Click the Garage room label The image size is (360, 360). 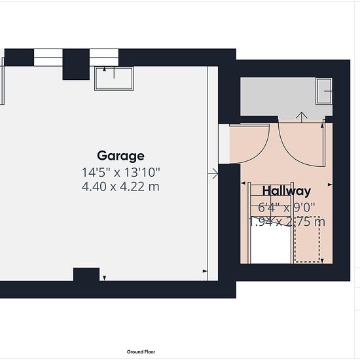click(x=121, y=156)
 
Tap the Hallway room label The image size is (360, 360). click(x=287, y=191)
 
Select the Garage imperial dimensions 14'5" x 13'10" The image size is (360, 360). click(x=121, y=172)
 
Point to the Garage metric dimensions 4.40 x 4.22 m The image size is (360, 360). click(x=120, y=187)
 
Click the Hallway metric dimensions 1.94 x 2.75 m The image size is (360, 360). click(x=287, y=222)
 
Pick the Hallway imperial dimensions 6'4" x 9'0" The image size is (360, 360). click(x=287, y=207)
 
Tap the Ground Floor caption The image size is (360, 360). click(x=141, y=351)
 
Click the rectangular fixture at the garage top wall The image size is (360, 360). click(x=114, y=79)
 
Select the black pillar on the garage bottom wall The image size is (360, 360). click(x=86, y=274)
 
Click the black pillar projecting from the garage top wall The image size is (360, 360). click(x=76, y=64)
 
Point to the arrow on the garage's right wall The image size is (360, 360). click(x=213, y=173)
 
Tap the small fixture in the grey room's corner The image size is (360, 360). click(x=324, y=91)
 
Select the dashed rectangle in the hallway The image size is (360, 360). click(x=307, y=239)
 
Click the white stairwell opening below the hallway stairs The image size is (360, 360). click(x=270, y=245)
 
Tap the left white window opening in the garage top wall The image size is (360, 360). click(x=48, y=58)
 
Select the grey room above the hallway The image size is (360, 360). click(x=286, y=97)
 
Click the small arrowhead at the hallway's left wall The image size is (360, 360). click(x=243, y=183)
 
